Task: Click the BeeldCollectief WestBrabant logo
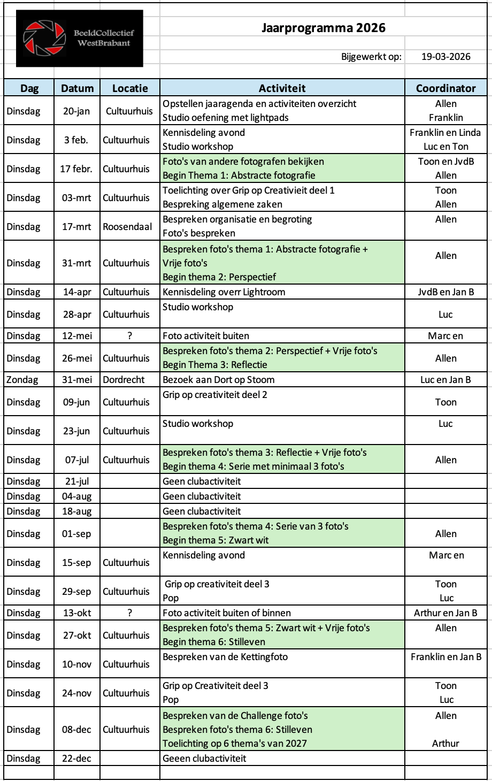coord(79,38)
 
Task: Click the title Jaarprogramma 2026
coord(323,28)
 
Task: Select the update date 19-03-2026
coord(445,57)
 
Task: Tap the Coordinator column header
coord(445,88)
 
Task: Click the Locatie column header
coord(129,88)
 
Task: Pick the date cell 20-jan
coord(76,111)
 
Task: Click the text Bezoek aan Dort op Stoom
coord(218,380)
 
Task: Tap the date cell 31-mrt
coord(76,263)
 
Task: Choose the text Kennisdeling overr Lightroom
coord(224,292)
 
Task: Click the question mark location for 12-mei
coord(129,336)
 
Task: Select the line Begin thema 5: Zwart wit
coord(216,540)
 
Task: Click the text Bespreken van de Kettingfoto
coord(225,657)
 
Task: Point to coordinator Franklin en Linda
coord(445,133)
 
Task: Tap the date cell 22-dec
coord(76,759)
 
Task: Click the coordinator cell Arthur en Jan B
coord(445,613)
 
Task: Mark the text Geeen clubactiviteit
coord(204,759)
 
